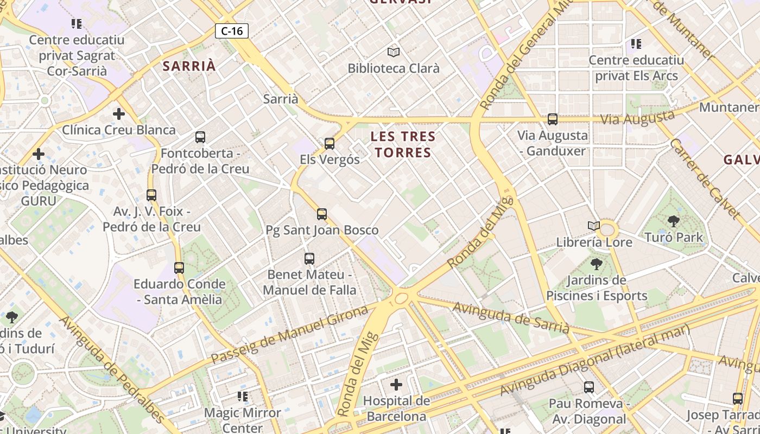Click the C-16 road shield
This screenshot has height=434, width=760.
click(x=232, y=31)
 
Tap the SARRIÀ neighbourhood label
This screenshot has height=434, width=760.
click(x=189, y=66)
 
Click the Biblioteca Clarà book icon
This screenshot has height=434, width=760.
click(x=394, y=52)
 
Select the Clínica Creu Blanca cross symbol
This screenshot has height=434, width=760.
click(x=119, y=114)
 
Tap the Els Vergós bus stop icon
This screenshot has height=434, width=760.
click(x=330, y=144)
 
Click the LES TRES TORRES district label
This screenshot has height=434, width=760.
click(x=403, y=144)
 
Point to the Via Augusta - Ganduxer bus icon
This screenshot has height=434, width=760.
click(x=553, y=119)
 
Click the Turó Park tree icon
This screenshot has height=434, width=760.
click(x=674, y=221)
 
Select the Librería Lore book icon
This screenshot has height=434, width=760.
click(x=594, y=226)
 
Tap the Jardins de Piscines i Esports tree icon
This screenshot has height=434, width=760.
click(x=597, y=264)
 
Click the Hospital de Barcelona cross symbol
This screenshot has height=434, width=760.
click(x=396, y=385)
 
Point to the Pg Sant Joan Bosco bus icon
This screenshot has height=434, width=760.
click(x=322, y=214)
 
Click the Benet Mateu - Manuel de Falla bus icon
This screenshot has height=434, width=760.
click(x=309, y=259)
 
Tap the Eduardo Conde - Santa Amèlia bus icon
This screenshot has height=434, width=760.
click(x=179, y=267)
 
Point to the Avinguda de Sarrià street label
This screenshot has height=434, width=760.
click(x=511, y=318)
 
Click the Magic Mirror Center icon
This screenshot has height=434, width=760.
click(x=243, y=397)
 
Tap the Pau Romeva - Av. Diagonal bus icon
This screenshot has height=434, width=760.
click(x=589, y=387)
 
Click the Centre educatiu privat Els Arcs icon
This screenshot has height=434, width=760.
click(x=636, y=43)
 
